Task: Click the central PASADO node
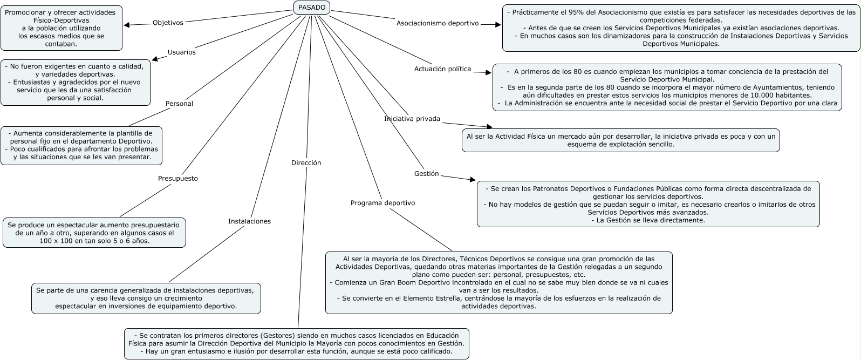point(312,8)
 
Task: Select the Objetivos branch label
point(168,23)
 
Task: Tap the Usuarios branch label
point(181,52)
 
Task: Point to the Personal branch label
point(179,104)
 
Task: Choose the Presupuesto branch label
point(177,179)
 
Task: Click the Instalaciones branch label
point(249,221)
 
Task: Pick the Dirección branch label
point(306,163)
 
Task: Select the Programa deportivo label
point(382,203)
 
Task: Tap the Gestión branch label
point(426,174)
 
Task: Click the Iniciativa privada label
point(412,119)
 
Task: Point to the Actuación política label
point(442,69)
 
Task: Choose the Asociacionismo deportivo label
point(437,23)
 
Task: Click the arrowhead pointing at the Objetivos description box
point(127,24)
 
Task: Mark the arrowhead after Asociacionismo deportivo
point(498,24)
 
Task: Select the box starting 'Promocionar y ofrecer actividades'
point(61,28)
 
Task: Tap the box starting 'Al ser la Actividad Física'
point(620,140)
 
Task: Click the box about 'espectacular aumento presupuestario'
point(94,233)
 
